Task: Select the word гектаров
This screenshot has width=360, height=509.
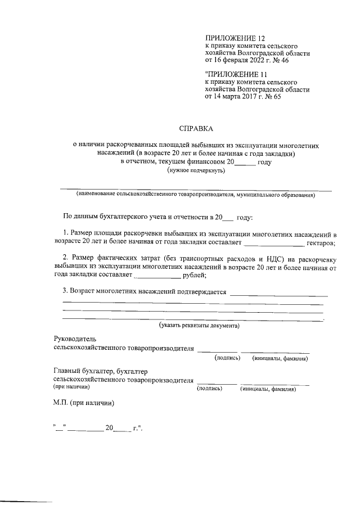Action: point(321,243)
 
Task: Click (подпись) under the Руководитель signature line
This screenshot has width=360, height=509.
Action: point(227,358)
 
